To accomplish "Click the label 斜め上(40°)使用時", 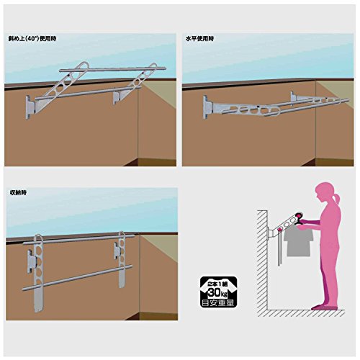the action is tap(32, 39).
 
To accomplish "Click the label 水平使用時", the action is tap(199, 39).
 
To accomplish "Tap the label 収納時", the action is tap(18, 192).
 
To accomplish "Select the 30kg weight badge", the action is tap(218, 292).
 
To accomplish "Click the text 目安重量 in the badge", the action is tap(218, 302).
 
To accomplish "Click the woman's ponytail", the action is tap(336, 198).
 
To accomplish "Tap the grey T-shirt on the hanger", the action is tap(298, 242).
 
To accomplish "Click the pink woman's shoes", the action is tap(324, 307).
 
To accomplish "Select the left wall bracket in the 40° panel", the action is tap(31, 107).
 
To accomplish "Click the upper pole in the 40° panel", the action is tap(113, 69).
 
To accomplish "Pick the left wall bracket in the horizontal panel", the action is tap(207, 107).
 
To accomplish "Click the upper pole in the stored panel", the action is tap(78, 240).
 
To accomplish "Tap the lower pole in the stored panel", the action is tap(77, 278).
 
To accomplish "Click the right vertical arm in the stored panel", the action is tap(122, 259).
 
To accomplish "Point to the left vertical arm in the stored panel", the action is tap(38, 273).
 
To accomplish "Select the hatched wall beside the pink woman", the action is tap(262, 260).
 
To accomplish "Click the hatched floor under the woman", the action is tap(306, 313).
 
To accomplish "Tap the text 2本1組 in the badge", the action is tap(218, 283).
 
